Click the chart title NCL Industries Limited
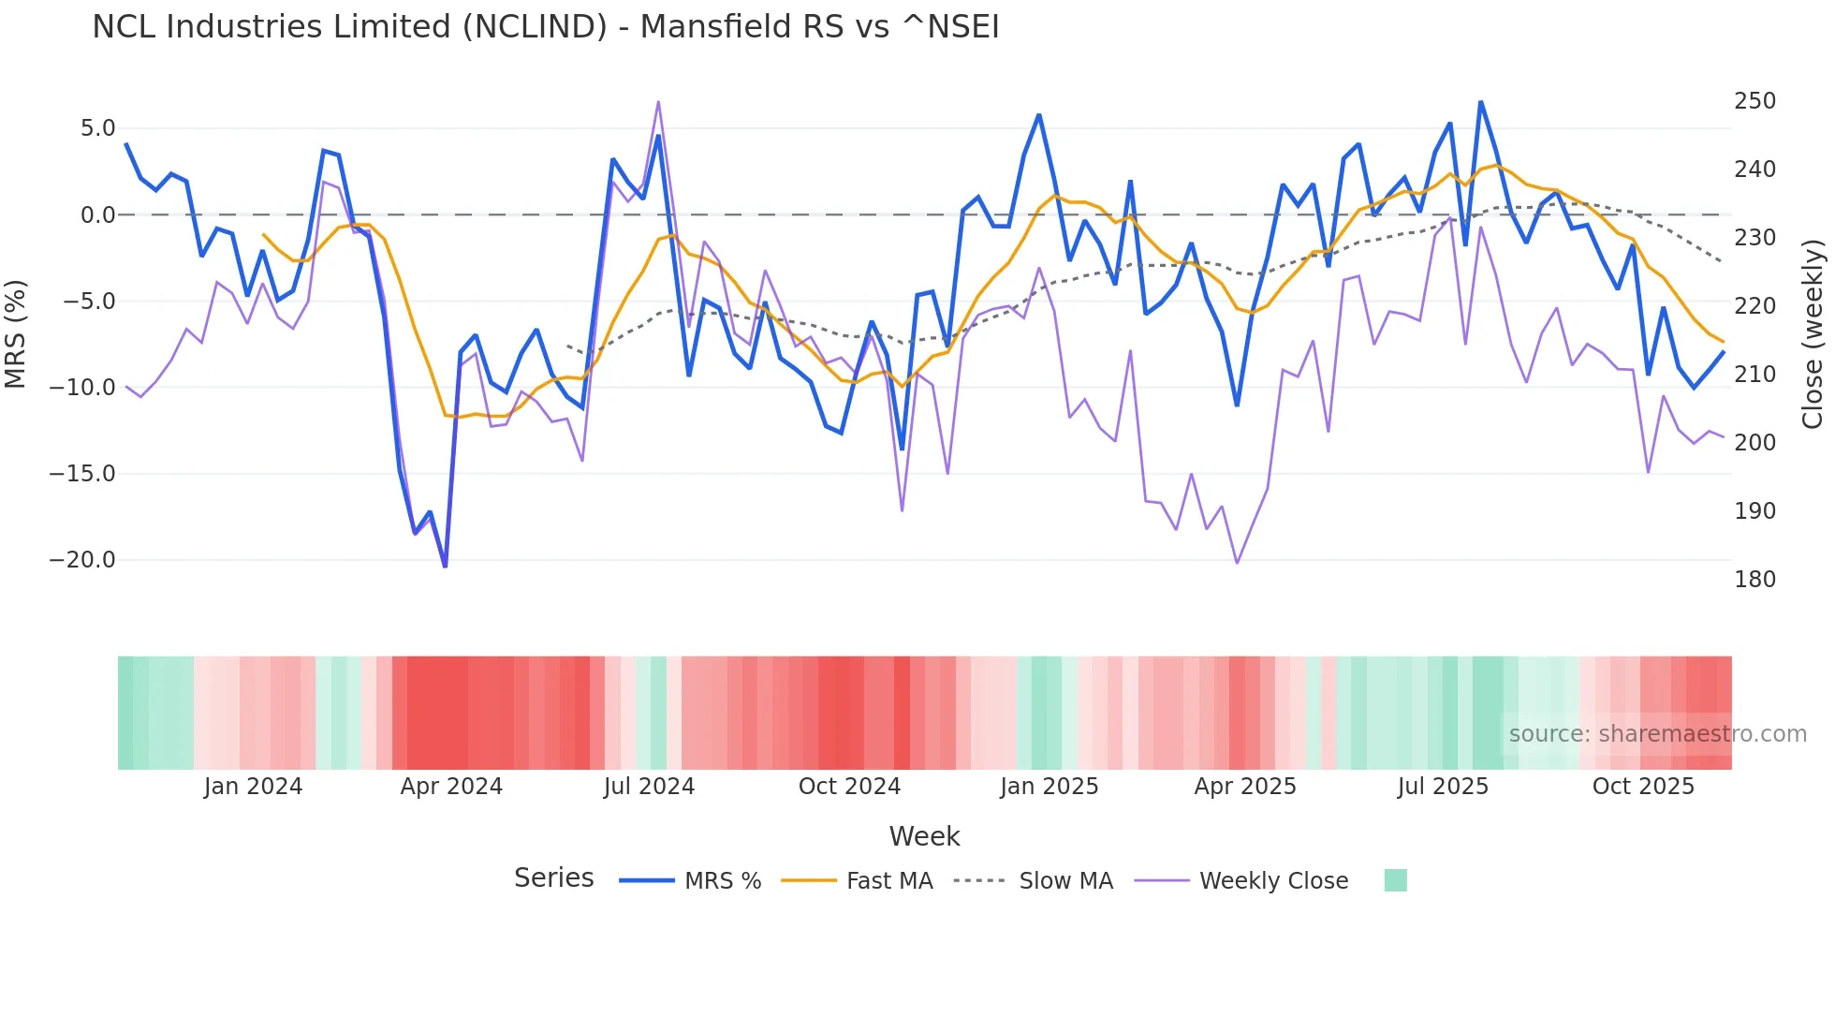pyautogui.click(x=545, y=26)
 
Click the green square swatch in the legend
pyautogui.click(x=1395, y=880)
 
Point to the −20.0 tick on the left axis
pyautogui.click(x=82, y=560)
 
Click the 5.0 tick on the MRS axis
pyautogui.click(x=97, y=128)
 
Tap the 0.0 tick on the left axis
pyautogui.click(x=97, y=215)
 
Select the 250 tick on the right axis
pyautogui.click(x=1754, y=101)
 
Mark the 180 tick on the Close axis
pyautogui.click(x=1754, y=580)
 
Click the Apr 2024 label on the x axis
pyautogui.click(x=451, y=787)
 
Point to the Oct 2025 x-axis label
pyautogui.click(x=1643, y=787)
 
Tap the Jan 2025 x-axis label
pyautogui.click(x=1049, y=787)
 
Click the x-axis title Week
pyautogui.click(x=924, y=836)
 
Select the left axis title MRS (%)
pyautogui.click(x=16, y=333)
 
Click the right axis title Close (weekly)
pyautogui.click(x=1813, y=333)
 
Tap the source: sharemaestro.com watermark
pyautogui.click(x=1657, y=734)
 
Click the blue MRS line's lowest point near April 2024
pyautogui.click(x=445, y=566)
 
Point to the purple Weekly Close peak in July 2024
pyautogui.click(x=658, y=102)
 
